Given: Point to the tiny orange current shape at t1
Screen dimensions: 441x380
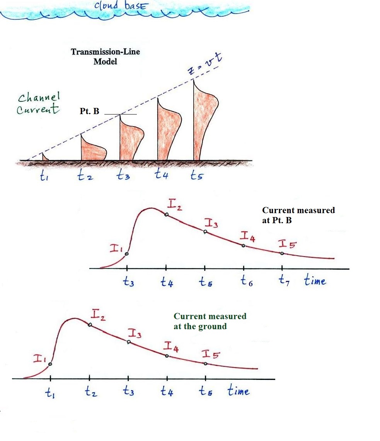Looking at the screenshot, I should pyautogui.click(x=45, y=157).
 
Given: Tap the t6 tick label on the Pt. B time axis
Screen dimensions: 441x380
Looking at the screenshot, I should pyautogui.click(x=246, y=281).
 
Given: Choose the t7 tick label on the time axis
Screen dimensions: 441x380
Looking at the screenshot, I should pyautogui.click(x=285, y=280).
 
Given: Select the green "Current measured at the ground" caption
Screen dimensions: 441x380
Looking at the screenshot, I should pyautogui.click(x=210, y=321).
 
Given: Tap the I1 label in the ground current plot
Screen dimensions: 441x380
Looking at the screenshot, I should pyautogui.click(x=40, y=359).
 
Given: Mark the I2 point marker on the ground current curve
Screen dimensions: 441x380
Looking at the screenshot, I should pyautogui.click(x=90, y=325).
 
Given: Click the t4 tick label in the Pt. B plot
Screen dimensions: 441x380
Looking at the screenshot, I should pyautogui.click(x=167, y=282).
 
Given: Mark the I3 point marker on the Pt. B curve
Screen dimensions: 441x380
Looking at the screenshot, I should pyautogui.click(x=205, y=232).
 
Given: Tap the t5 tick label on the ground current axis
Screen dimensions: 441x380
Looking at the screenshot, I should pyautogui.click(x=205, y=391).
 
